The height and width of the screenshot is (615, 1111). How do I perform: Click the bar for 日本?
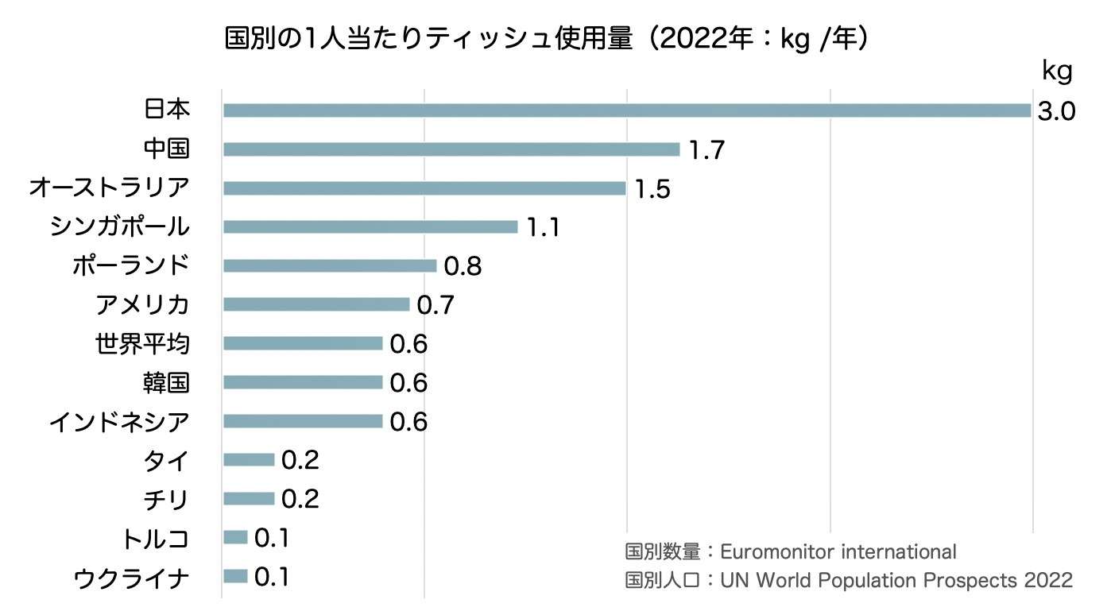[x=626, y=110]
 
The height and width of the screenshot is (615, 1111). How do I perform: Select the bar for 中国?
[x=451, y=149]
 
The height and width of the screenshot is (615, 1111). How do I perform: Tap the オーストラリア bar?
[x=424, y=188]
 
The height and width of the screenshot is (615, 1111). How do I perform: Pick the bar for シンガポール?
[x=370, y=227]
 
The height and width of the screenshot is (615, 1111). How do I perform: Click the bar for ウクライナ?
[x=235, y=576]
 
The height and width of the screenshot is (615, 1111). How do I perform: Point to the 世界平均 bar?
[x=303, y=343]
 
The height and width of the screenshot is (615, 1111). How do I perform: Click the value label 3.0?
[x=1056, y=111]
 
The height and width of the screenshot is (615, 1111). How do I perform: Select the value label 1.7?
[x=706, y=150]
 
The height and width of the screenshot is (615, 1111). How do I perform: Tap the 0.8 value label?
[x=463, y=266]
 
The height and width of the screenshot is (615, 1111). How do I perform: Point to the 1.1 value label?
[x=544, y=228]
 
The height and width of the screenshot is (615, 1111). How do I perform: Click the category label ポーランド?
[x=130, y=265]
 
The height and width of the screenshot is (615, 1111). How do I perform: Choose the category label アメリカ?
[x=142, y=304]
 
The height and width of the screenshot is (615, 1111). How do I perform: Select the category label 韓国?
[x=166, y=382]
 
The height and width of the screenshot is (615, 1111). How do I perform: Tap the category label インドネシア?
[x=119, y=421]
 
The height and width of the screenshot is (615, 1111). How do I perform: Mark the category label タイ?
[x=166, y=460]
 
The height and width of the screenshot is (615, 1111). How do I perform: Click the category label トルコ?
[x=155, y=538]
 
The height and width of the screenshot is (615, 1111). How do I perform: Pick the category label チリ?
[x=166, y=499]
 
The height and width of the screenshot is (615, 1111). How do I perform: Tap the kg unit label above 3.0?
[x=1057, y=72]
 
